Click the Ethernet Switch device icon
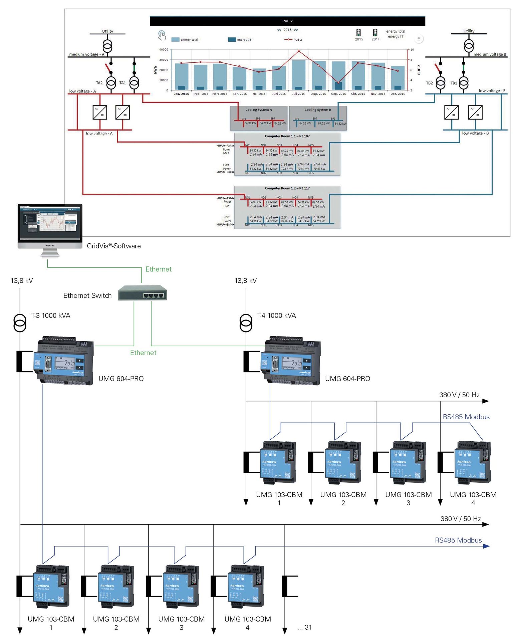tap(143, 293)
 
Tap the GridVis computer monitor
tap(50, 223)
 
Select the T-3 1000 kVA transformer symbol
tap(20, 323)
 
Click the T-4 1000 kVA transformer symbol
tap(246, 323)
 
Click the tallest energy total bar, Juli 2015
tap(298, 75)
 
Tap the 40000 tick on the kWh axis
tap(164, 50)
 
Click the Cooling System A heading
tap(259, 110)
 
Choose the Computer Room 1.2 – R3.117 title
tap(287, 188)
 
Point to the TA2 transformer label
tap(99, 83)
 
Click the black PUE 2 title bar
tap(287, 21)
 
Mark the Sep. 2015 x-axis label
tap(338, 94)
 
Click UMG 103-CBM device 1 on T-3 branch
tap(52, 586)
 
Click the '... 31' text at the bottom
tap(304, 627)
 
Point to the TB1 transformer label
tap(454, 83)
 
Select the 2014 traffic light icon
tap(375, 33)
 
